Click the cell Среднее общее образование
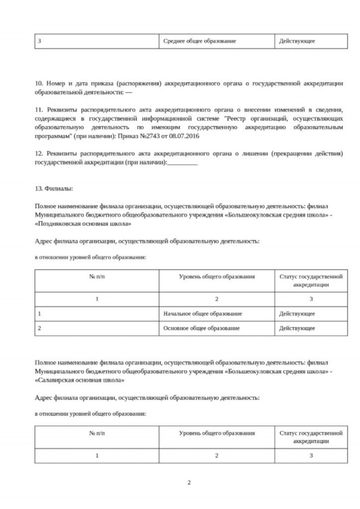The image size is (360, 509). click(x=199, y=41)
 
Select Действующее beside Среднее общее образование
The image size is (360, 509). click(x=297, y=41)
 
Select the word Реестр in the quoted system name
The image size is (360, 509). click(x=241, y=119)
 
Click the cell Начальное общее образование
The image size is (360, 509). click(x=202, y=314)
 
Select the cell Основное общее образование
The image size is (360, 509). click(x=201, y=328)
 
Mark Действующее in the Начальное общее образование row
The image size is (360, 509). click(x=297, y=314)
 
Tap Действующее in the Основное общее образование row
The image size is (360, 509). click(x=297, y=328)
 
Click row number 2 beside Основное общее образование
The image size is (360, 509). click(x=39, y=328)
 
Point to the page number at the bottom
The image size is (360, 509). click(x=189, y=482)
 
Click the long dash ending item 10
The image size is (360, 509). click(x=129, y=92)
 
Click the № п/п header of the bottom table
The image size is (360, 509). click(x=97, y=433)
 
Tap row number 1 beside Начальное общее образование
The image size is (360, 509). click(x=39, y=314)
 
